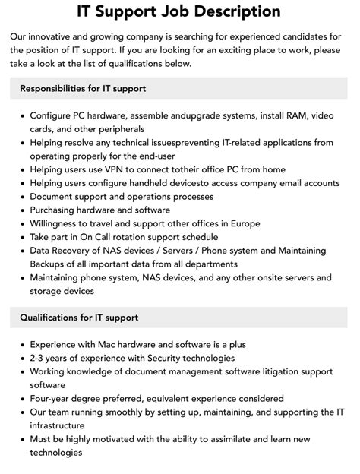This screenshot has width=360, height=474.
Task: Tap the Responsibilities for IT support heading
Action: click(83, 89)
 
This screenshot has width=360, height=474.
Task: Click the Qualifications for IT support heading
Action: click(79, 317)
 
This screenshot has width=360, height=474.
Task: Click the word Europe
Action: click(243, 223)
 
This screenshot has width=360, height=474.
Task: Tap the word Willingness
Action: click(59, 223)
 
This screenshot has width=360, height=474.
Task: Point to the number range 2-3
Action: click(40, 358)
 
